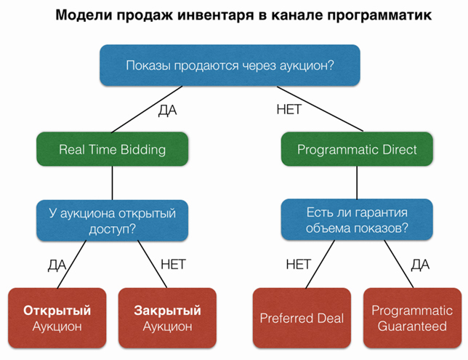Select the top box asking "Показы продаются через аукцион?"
coord(230,65)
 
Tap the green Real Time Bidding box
coord(112,149)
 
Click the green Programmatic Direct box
coord(357,149)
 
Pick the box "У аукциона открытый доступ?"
coord(112,220)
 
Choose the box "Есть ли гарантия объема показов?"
coord(357,220)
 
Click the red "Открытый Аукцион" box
coord(57,318)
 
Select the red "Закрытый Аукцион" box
coord(167,318)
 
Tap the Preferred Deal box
coord(302,318)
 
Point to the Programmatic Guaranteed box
coord(412,318)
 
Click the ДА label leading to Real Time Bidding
coord(167,111)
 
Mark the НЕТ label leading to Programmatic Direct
coord(289,109)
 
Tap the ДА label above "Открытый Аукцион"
coord(57,265)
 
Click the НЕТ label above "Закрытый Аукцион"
coord(173,265)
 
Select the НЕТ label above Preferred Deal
coord(299,265)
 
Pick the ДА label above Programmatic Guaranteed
coord(420,265)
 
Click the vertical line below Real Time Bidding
coord(112,183)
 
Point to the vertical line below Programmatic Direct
coord(357,183)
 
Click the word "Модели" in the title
coord(84,15)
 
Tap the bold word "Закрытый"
coord(167,311)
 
